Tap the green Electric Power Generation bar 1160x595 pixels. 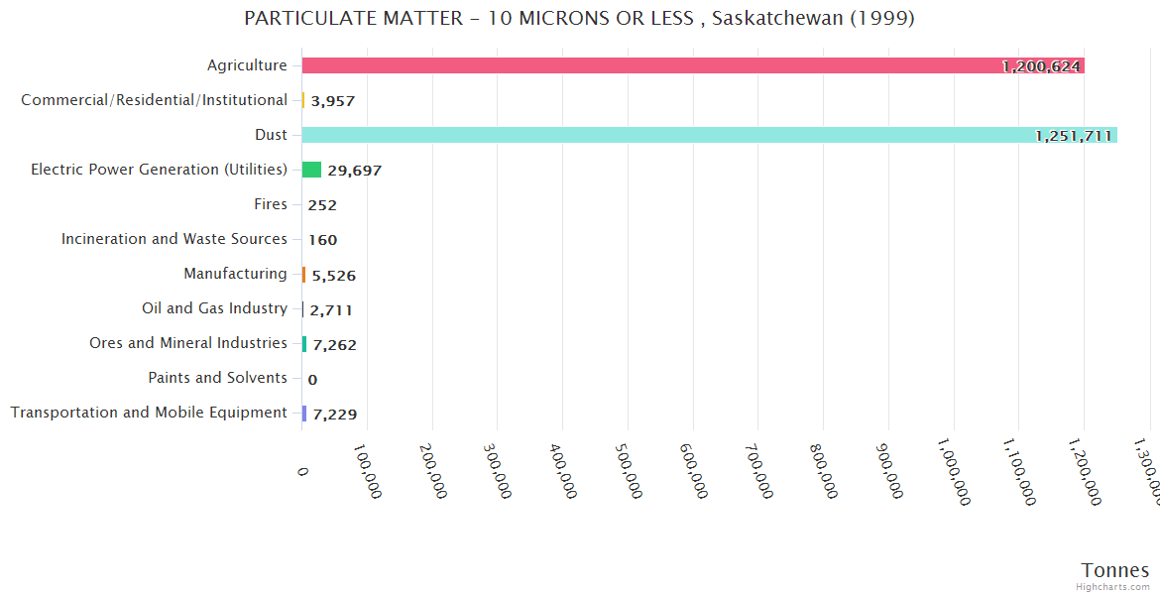point(311,170)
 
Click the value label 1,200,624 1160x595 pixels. point(1041,66)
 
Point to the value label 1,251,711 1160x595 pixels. point(1074,136)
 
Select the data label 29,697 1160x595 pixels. point(354,171)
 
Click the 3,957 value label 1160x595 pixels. point(332,101)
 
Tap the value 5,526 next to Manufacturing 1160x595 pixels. point(333,275)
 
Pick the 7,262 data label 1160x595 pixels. point(334,345)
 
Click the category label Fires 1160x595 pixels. point(271,204)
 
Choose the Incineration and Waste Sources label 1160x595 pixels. point(174,239)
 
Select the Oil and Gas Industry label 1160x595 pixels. point(214,308)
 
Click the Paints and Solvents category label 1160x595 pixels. point(217,378)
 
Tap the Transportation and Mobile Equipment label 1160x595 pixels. point(149,413)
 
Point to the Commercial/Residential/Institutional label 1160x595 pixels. point(154,100)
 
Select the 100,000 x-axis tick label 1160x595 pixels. point(366,471)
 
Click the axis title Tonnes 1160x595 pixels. point(1114,570)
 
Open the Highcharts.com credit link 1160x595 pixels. point(1113,587)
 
